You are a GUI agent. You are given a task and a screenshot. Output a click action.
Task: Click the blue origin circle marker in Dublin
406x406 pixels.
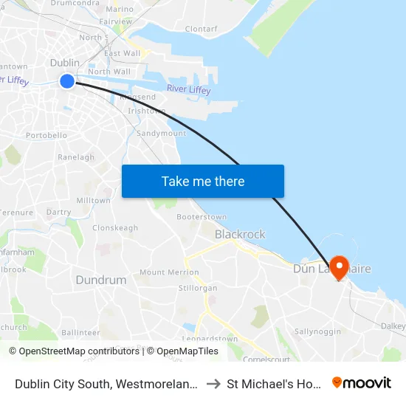point(67,81)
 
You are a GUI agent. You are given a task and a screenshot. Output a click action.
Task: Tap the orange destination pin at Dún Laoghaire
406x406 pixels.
point(340,266)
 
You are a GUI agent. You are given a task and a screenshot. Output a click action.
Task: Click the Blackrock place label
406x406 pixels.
point(240,234)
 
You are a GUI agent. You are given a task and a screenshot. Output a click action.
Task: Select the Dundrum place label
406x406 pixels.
point(101,281)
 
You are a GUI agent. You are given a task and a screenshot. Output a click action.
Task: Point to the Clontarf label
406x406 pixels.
point(201,29)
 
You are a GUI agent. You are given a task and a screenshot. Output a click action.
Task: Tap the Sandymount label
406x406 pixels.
point(161,134)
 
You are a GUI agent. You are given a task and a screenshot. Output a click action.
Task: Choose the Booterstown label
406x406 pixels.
point(202,217)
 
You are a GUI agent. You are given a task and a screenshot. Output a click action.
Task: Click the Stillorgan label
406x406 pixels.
point(198,287)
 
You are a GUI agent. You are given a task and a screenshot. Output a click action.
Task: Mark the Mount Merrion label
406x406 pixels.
point(169,272)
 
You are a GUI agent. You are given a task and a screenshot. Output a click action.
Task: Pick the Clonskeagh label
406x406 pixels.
point(115,228)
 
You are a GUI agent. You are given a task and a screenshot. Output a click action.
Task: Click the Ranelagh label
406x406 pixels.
point(76,157)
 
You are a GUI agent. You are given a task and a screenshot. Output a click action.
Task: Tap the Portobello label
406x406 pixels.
point(47,136)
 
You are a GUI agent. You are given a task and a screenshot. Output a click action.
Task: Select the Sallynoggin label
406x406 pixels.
point(318,331)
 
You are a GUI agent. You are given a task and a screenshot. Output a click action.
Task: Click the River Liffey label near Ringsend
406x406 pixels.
point(188,90)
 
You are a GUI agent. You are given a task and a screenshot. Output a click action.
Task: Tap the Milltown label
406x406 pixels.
point(93,200)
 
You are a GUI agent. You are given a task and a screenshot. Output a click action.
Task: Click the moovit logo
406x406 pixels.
point(362,383)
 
